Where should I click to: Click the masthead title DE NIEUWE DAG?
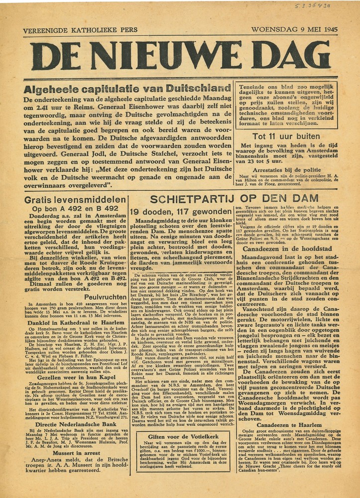pos(180,55)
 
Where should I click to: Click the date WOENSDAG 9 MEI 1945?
pos(294,29)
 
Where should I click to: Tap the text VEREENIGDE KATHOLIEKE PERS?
pos(80,30)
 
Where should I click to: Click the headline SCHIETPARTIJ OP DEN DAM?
pos(235,199)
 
